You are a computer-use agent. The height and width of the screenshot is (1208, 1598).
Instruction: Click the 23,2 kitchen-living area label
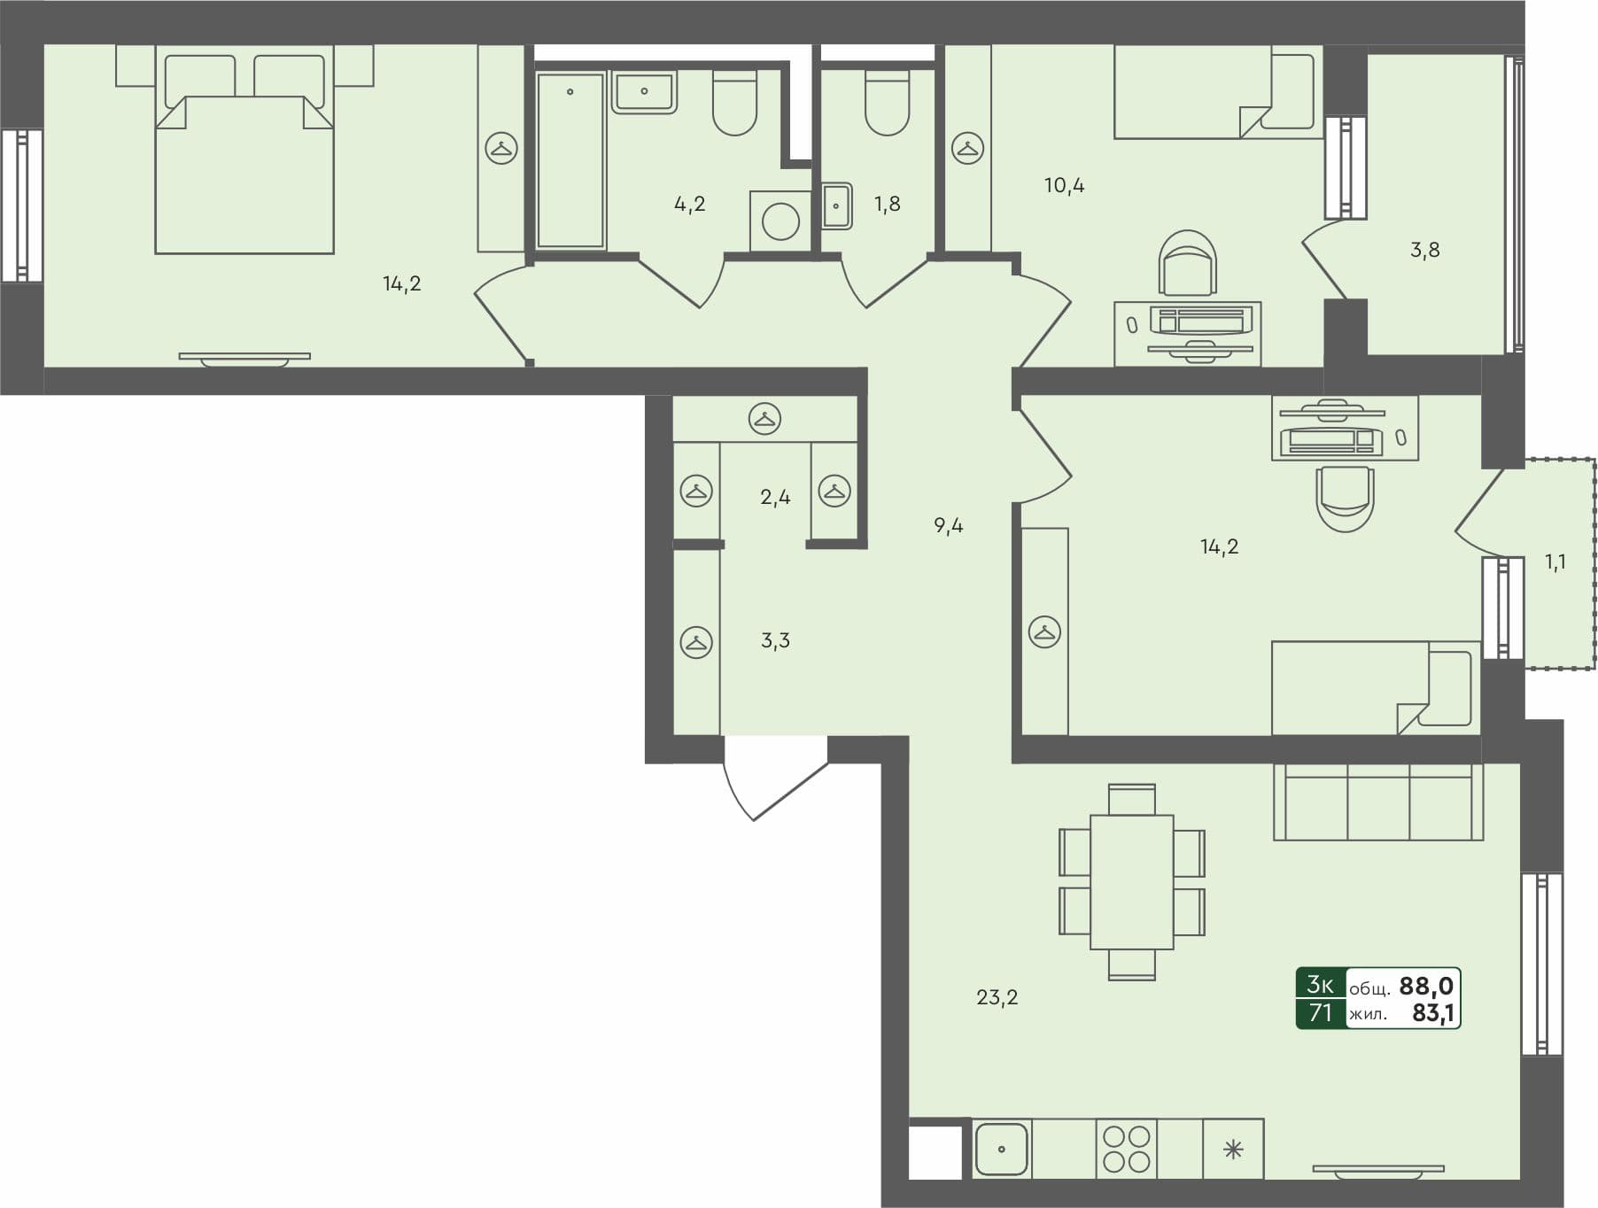pyautogui.click(x=997, y=997)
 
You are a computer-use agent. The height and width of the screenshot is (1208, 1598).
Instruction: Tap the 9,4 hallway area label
pyautogui.click(x=948, y=525)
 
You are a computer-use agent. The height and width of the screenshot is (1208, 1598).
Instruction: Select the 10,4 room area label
pyautogui.click(x=1064, y=185)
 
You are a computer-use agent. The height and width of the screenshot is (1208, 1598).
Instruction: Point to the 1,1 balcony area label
pyautogui.click(x=1555, y=561)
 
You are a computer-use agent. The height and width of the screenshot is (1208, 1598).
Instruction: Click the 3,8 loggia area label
pyautogui.click(x=1424, y=250)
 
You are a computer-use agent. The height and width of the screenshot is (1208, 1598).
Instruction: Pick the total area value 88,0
pyautogui.click(x=1425, y=986)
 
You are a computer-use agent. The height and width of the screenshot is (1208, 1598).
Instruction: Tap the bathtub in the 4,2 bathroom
pyautogui.click(x=570, y=160)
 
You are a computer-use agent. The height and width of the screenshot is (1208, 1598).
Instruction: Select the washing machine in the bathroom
pyautogui.click(x=780, y=221)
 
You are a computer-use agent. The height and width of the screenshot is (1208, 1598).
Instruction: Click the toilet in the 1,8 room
pyautogui.click(x=887, y=103)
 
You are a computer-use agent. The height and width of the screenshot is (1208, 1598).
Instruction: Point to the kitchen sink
pyautogui.click(x=1001, y=1149)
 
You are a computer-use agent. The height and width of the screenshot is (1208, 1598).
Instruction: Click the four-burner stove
pyautogui.click(x=1127, y=1149)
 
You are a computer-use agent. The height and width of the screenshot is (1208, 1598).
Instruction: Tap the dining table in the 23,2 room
pyautogui.click(x=1131, y=882)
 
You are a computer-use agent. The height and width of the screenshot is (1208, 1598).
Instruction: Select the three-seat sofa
pyautogui.click(x=1377, y=801)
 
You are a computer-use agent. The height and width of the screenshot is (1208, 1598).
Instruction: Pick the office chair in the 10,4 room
pyautogui.click(x=1187, y=263)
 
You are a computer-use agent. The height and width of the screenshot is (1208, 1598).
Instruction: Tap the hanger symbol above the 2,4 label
pyautogui.click(x=764, y=418)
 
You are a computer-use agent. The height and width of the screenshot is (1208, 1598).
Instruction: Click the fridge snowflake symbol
pyautogui.click(x=1233, y=1150)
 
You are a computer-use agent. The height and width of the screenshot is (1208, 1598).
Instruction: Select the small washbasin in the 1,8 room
pyautogui.click(x=836, y=205)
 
